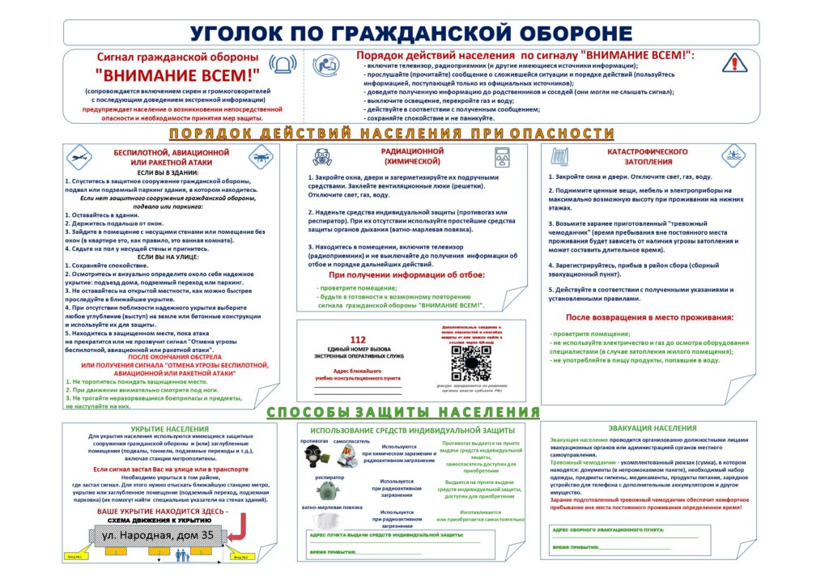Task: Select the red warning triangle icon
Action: coord(734,62)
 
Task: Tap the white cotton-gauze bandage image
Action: coord(318,522)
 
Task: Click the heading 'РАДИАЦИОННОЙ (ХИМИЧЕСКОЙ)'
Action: coord(412,156)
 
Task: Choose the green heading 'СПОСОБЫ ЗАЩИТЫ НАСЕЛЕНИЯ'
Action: coord(404,412)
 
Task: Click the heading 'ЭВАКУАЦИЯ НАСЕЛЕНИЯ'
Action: coord(652,427)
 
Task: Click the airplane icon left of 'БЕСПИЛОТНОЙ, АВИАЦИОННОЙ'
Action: coord(80,157)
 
